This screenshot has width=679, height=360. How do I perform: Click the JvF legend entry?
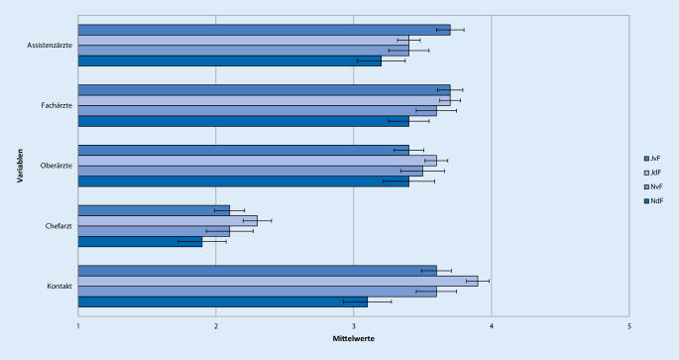(x=654, y=158)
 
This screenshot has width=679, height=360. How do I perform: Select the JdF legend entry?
(x=654, y=173)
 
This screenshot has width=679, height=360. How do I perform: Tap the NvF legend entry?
(x=654, y=187)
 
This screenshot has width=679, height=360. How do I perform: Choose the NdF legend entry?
(x=654, y=202)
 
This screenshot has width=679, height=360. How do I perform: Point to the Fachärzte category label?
(x=54, y=106)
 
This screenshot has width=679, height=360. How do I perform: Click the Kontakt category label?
(x=57, y=287)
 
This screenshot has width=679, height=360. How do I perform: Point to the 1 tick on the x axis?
(x=78, y=324)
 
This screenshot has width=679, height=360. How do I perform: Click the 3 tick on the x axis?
(x=354, y=324)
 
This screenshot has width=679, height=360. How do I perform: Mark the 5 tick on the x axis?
(x=628, y=324)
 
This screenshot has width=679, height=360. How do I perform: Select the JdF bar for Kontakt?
(x=278, y=281)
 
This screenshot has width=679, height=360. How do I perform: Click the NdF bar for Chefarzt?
(x=140, y=241)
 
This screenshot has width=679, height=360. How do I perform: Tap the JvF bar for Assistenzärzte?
(x=264, y=30)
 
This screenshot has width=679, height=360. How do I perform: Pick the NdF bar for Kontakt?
(x=223, y=301)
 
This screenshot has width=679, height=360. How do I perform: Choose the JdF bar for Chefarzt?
(x=168, y=220)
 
